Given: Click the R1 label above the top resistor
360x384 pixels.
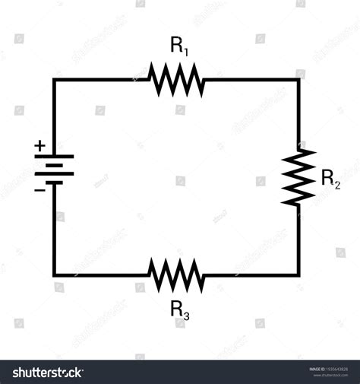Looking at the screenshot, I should coord(179,47).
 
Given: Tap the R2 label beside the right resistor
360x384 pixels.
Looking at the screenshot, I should coord(330,179).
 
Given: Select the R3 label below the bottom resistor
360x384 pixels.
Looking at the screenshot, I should coord(180,309).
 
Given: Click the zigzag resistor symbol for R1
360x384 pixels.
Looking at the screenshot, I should coord(176,79).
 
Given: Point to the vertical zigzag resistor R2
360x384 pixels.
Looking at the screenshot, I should coord(298,176).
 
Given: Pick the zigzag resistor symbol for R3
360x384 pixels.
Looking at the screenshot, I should coord(176,275).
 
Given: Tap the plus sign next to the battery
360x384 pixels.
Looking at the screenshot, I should coord(39,145).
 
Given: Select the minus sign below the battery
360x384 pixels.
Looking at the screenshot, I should coord(39,189).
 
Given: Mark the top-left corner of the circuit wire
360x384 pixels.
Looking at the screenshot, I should coord(54,79).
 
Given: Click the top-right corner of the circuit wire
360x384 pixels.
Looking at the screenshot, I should coord(298,79).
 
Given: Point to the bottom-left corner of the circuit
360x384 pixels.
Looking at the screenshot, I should coord(54,275).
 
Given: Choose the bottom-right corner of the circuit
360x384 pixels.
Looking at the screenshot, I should coord(298,275).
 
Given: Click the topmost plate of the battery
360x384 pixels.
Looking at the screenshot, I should coord(54,156).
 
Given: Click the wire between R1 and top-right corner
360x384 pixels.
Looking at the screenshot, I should coord(251,79).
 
